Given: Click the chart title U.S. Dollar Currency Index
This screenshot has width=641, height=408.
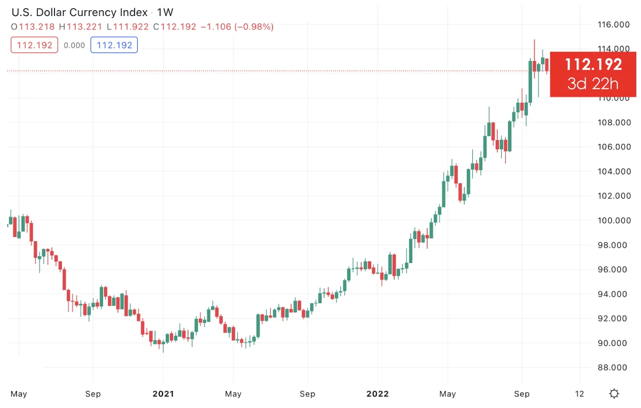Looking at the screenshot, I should (x=79, y=12).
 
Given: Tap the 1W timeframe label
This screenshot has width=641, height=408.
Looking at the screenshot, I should (x=165, y=12).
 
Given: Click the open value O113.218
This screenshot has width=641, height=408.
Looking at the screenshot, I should (x=33, y=27).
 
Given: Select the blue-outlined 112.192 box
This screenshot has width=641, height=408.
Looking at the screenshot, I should (x=114, y=45).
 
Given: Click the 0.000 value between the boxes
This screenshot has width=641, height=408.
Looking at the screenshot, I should (x=74, y=45).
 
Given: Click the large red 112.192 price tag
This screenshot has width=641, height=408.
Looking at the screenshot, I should (x=593, y=65).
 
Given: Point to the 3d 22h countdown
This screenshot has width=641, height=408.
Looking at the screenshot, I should (x=593, y=84).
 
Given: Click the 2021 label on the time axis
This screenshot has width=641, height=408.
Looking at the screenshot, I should (x=163, y=394).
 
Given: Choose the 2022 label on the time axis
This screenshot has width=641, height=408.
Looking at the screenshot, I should (x=377, y=394).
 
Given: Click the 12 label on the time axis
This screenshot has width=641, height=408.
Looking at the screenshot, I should (x=580, y=394).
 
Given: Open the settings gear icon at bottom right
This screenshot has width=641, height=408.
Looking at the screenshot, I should (x=614, y=394).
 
